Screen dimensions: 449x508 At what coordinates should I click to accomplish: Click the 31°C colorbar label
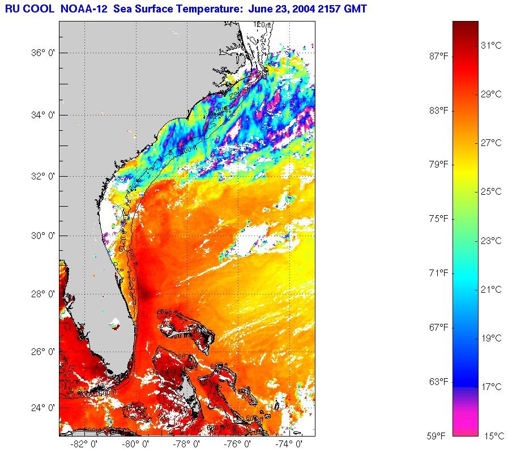click(x=491, y=45)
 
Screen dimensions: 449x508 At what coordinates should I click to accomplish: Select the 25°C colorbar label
click(x=491, y=192)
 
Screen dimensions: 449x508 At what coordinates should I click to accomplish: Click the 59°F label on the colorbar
click(x=437, y=436)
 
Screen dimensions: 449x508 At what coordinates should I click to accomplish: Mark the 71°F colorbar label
click(x=437, y=273)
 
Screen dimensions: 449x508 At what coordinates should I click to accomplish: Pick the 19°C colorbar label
click(x=491, y=339)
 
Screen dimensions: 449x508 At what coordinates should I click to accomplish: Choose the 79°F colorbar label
click(x=437, y=164)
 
